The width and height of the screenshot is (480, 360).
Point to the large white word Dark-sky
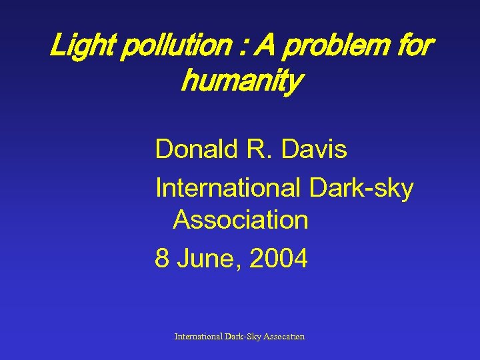361,189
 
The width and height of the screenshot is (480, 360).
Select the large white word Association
241,220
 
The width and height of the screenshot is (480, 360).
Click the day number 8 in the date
161,259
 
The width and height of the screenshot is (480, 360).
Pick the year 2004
279,259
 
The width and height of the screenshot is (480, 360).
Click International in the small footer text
197,337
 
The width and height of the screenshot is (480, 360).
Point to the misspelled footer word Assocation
284,337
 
